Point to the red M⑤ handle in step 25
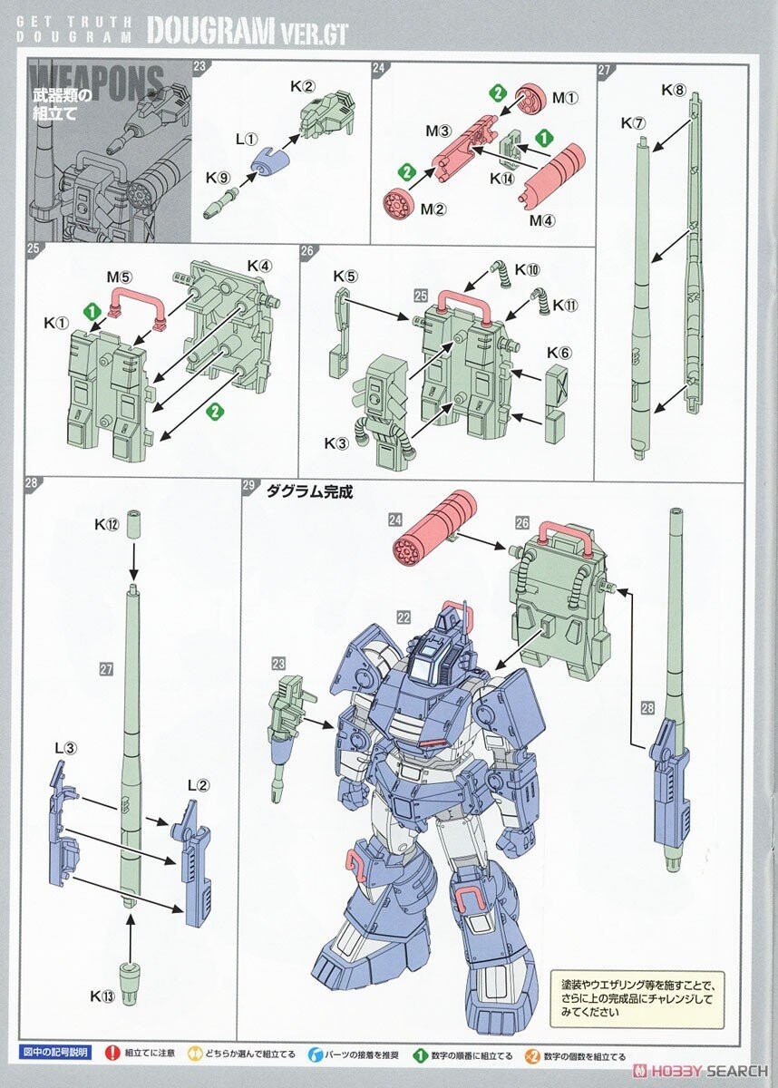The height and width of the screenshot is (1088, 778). [x=137, y=305]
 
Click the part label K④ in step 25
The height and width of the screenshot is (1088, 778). [x=260, y=267]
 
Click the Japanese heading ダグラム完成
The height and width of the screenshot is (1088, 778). [x=308, y=492]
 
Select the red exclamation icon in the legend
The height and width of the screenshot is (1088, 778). [x=113, y=1055]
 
